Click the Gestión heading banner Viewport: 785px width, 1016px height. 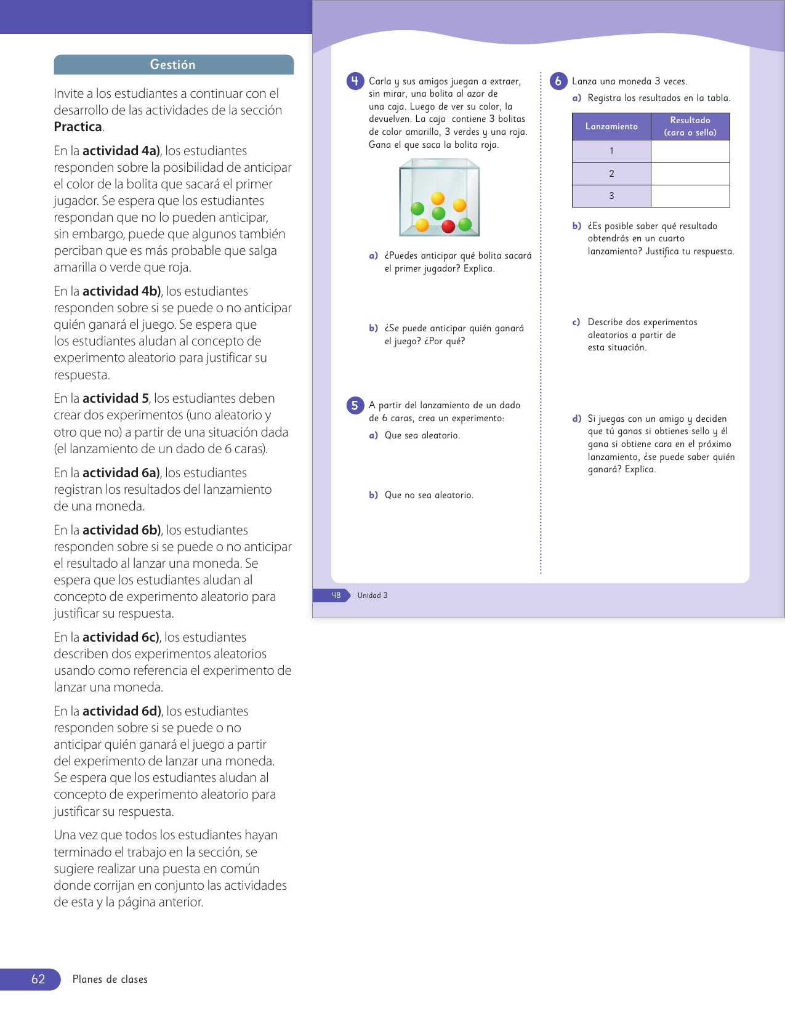click(173, 65)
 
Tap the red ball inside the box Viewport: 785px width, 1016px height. click(448, 226)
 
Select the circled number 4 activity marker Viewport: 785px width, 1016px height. click(355, 81)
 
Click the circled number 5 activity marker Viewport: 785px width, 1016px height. click(355, 405)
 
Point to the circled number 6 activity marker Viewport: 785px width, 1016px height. click(558, 81)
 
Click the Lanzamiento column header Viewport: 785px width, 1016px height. click(611, 126)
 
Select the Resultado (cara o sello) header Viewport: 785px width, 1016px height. click(690, 126)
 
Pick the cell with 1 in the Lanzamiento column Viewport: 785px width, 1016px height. click(611, 151)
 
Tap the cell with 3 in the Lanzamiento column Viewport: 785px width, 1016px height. click(611, 196)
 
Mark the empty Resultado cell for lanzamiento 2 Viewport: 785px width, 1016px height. click(690, 174)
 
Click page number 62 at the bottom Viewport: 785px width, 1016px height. click(38, 979)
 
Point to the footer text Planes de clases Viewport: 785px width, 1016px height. click(110, 979)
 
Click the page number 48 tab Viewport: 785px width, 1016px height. click(336, 595)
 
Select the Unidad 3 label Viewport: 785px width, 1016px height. click(372, 595)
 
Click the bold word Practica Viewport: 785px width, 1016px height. click(78, 127)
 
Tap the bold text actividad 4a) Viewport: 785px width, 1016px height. click(121, 151)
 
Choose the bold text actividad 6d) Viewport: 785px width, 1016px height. click(122, 711)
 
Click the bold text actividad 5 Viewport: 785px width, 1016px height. click(116, 398)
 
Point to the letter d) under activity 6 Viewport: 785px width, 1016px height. click(577, 419)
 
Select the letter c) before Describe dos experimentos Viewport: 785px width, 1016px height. click(576, 322)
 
